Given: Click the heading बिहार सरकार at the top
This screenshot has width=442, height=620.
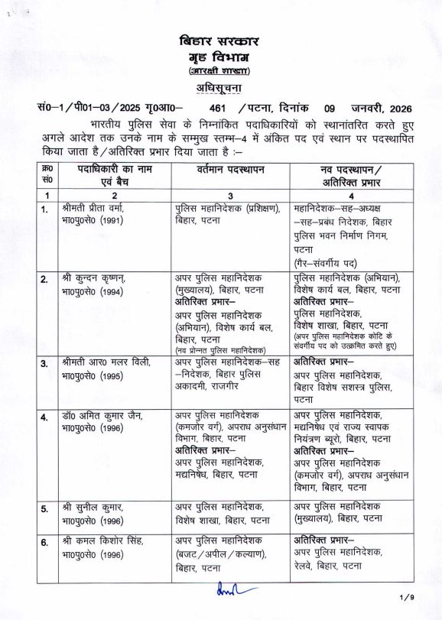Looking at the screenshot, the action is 220,41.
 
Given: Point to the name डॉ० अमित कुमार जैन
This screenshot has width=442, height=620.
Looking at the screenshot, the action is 100,416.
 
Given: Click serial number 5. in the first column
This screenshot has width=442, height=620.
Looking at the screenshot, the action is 46,508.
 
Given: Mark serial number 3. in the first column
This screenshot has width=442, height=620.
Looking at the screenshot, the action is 46,363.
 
